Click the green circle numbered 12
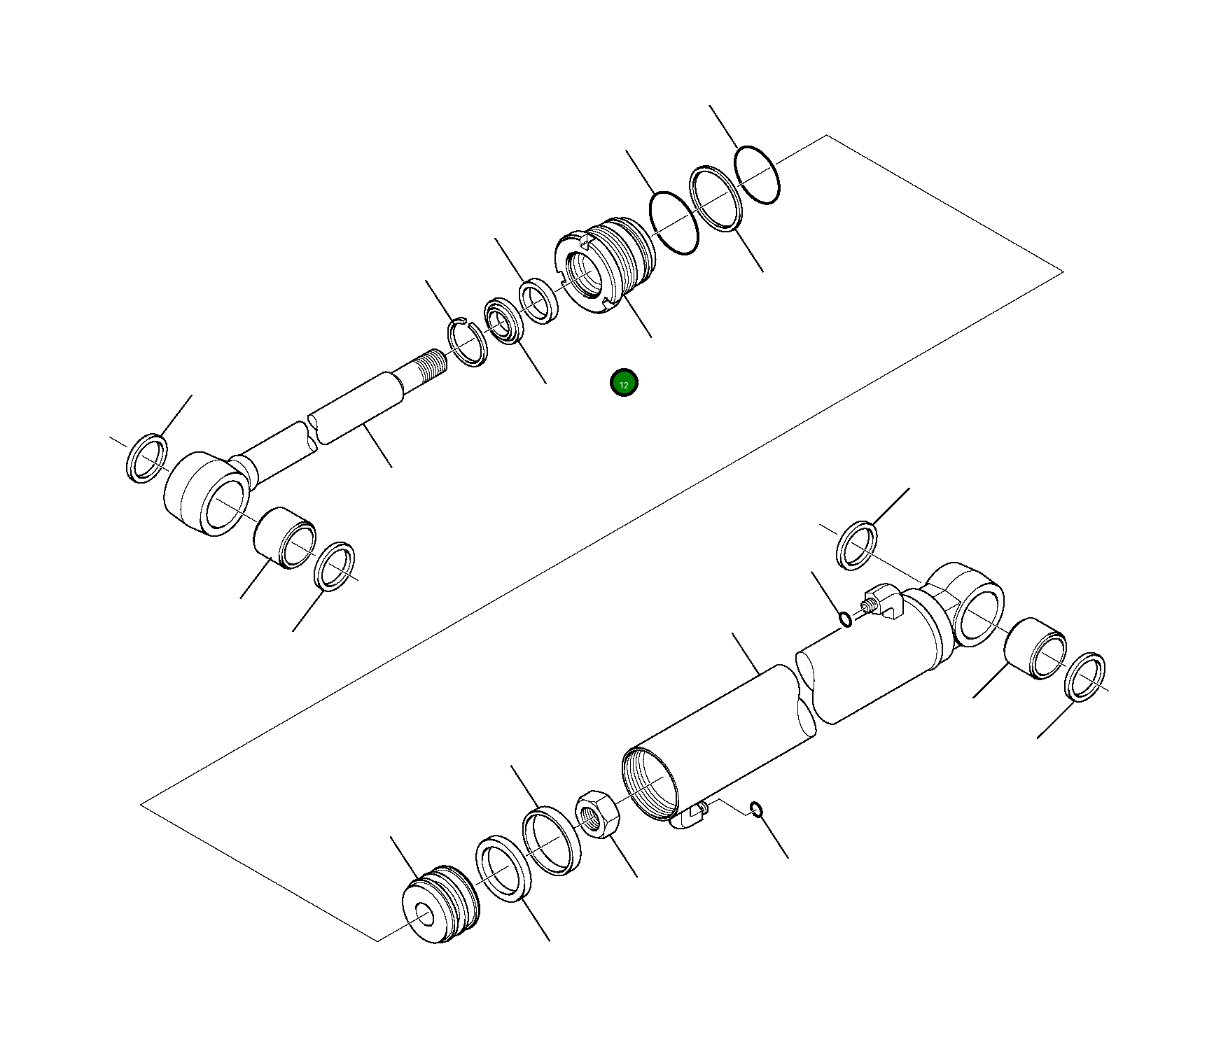tap(623, 383)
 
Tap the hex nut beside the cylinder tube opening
tap(597, 813)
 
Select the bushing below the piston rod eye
tap(284, 537)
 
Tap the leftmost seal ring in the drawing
tap(147, 458)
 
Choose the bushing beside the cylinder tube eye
tap(1035, 648)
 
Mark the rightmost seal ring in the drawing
tap(1084, 677)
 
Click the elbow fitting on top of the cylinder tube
tap(884, 601)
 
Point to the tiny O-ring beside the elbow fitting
tap(846, 619)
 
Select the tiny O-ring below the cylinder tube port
tap(756, 810)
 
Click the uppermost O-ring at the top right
tap(757, 175)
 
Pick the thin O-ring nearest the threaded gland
tap(674, 223)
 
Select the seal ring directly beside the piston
tap(503, 868)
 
